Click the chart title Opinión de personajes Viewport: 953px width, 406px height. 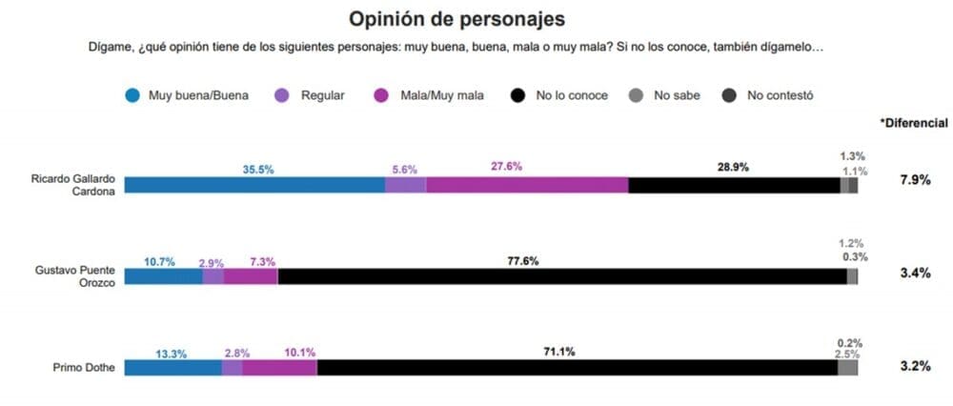(456, 18)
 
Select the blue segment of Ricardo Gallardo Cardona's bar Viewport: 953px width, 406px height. (254, 185)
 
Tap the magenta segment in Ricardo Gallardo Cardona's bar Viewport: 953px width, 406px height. (527, 185)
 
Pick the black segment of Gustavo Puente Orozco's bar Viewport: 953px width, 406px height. (562, 276)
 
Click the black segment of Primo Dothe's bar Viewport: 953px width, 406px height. (577, 367)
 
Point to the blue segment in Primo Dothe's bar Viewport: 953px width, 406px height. (172, 367)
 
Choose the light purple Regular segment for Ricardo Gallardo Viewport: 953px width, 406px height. (405, 185)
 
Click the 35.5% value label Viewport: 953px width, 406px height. (257, 170)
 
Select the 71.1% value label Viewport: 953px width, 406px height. (558, 352)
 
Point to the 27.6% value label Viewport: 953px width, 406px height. (506, 167)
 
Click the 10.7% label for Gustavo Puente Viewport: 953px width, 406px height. (159, 261)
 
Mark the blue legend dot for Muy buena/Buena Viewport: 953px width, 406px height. (132, 95)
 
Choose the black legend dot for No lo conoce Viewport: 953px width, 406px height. (518, 95)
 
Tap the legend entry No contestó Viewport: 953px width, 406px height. (780, 95)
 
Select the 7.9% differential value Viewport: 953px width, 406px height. (914, 180)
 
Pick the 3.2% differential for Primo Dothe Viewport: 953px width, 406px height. (914, 366)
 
